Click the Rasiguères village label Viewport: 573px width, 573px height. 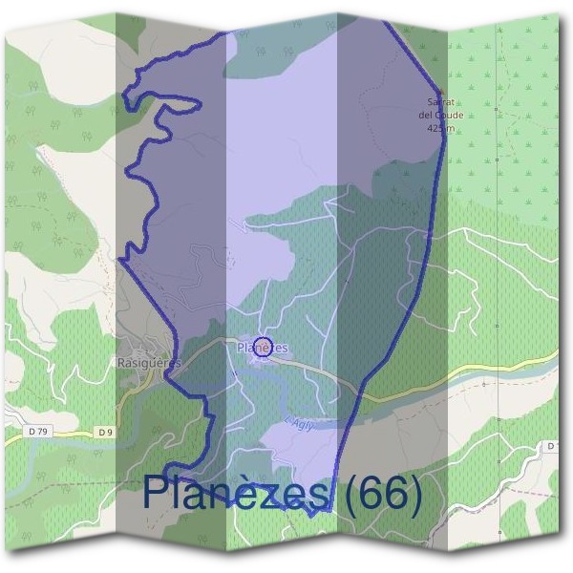[148, 363]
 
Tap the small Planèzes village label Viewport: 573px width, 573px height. [262, 349]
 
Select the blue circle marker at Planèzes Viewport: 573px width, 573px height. [265, 346]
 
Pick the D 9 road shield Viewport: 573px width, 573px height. [105, 433]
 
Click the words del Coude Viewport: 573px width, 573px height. [441, 115]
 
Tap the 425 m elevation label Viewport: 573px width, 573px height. [440, 127]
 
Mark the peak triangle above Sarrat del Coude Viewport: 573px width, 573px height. [440, 90]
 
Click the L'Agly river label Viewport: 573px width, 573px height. [298, 423]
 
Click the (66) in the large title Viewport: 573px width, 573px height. [382, 494]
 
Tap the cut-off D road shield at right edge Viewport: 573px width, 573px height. [552, 446]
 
